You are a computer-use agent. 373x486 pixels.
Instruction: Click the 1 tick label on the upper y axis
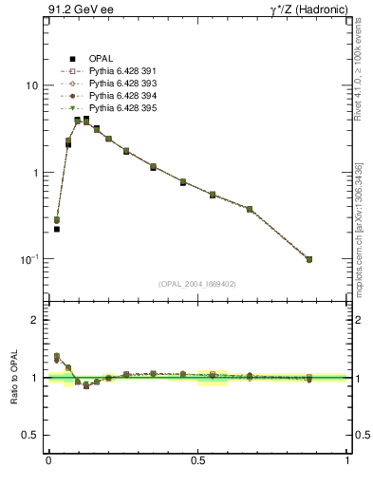(x=35, y=173)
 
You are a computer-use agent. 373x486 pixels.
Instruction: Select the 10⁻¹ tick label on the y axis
(x=29, y=259)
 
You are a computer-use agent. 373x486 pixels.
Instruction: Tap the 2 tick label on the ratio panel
(x=35, y=320)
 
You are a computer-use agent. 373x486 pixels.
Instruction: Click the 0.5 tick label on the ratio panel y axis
(x=30, y=435)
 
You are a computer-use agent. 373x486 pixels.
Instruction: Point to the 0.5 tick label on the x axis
(x=197, y=460)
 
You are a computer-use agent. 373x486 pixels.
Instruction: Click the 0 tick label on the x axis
(x=47, y=460)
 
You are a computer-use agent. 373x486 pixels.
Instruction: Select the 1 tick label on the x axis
(x=347, y=460)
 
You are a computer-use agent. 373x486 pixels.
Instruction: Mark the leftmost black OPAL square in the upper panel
(x=57, y=229)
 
